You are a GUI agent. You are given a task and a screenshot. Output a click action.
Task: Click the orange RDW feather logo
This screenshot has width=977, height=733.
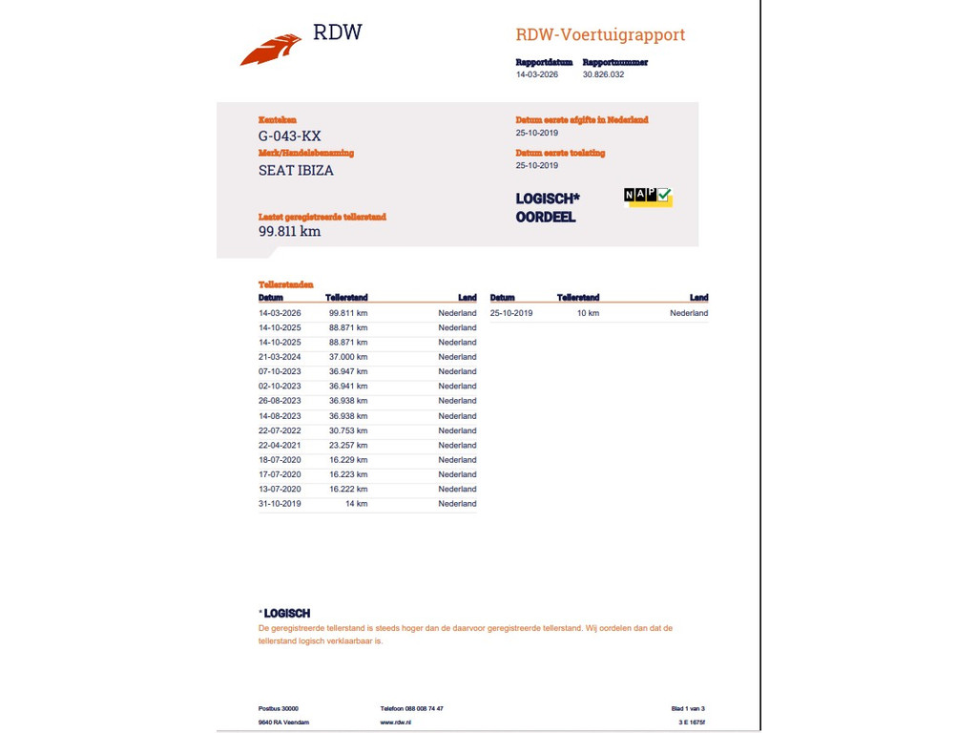[271, 50]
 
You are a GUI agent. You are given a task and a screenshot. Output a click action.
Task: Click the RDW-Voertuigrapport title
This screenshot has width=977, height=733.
[600, 35]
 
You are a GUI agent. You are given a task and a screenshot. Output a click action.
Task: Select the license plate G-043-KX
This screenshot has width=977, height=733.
[289, 136]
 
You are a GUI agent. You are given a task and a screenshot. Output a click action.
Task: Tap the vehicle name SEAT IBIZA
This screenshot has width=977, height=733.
[296, 171]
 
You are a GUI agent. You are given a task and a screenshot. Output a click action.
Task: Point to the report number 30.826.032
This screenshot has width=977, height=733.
[603, 74]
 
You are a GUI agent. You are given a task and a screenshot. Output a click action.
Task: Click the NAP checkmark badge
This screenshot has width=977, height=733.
[648, 196]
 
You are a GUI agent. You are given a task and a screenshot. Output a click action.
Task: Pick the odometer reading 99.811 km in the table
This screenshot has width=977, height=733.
[348, 313]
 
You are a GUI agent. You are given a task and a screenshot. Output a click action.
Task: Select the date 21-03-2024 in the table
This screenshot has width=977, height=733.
[280, 357]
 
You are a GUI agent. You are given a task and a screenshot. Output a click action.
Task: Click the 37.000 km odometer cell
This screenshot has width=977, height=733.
[348, 357]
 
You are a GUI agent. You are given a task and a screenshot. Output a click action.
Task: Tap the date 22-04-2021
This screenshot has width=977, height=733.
[280, 445]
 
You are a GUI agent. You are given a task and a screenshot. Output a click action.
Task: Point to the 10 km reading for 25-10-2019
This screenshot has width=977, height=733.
[588, 313]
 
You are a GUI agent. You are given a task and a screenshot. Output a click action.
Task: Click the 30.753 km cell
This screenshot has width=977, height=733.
[348, 430]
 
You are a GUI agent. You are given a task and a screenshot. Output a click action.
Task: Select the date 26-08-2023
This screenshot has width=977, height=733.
[280, 401]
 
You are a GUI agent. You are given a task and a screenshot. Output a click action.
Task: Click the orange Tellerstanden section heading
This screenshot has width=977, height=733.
[285, 285]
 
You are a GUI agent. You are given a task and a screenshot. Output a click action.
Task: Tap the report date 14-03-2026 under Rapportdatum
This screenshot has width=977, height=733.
[537, 74]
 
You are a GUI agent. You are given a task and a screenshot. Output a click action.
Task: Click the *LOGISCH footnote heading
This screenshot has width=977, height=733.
[284, 614]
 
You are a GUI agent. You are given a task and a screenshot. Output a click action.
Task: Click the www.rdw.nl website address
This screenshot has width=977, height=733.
[395, 723]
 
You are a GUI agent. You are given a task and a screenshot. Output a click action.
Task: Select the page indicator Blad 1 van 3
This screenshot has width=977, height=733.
[687, 708]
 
